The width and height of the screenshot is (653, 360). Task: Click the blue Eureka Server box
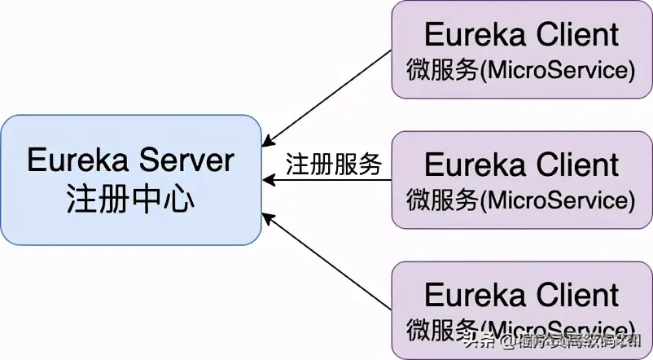[130, 179]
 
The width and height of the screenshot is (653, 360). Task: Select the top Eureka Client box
[521, 50]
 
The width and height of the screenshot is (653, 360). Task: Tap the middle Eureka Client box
[521, 179]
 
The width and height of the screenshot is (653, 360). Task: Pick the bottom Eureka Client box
[521, 310]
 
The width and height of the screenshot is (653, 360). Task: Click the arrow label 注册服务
[334, 164]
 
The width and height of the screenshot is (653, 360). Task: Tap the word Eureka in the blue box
[78, 160]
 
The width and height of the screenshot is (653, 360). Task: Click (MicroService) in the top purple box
[558, 70]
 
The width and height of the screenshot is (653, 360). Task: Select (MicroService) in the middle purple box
[558, 200]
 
